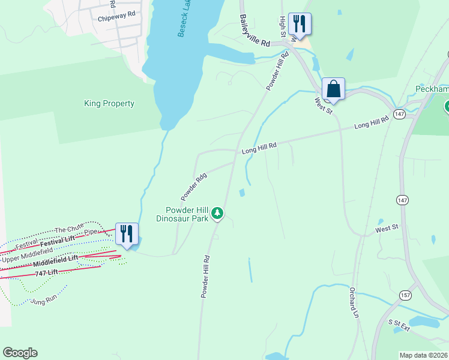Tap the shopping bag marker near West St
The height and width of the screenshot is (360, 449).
coord(333,89)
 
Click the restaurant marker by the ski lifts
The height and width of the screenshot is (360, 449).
coord(127,233)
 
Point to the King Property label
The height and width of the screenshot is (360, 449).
coord(109,103)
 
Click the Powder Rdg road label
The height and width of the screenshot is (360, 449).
coord(193,187)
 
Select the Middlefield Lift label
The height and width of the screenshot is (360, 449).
coord(56,261)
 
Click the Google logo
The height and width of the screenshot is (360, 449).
coord(20,353)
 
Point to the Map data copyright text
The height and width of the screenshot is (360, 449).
coord(424,355)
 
